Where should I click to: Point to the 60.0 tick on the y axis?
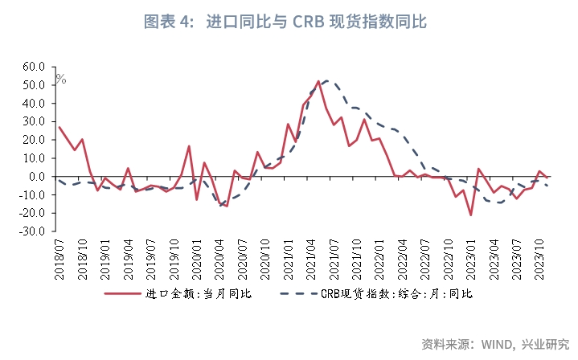[x=33, y=67]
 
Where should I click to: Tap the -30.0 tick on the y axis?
[x=33, y=231]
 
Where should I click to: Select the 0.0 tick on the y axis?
[x=38, y=177]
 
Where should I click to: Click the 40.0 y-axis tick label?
[x=33, y=104]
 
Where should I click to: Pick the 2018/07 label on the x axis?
[x=59, y=260]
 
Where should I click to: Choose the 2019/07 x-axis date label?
[x=151, y=260]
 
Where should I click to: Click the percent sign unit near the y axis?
[x=61, y=79]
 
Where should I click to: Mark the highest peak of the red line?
[x=319, y=81]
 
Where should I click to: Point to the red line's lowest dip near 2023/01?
[x=470, y=215]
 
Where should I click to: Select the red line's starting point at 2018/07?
[x=59, y=127]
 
